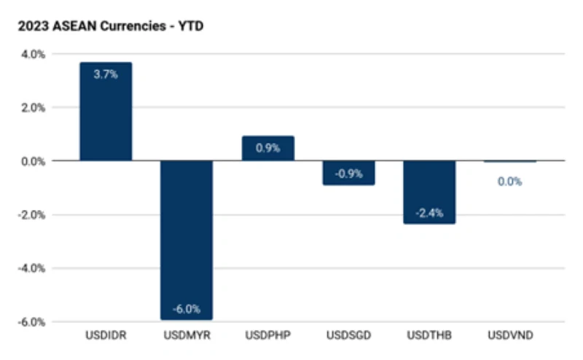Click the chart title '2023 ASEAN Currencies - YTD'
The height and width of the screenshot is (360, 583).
tap(111, 26)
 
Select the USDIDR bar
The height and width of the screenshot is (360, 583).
tap(106, 111)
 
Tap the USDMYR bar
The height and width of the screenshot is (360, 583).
tap(187, 240)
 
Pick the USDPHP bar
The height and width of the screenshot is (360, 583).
tap(268, 149)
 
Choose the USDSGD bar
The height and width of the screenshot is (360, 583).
tap(349, 173)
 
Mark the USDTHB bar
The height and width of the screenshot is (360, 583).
tap(429, 192)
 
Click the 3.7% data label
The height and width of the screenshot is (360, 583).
tap(106, 74)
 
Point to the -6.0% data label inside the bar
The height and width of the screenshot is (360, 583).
tap(187, 309)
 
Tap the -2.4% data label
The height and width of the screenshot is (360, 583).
tap(429, 213)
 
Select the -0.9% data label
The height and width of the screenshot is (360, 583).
tap(349, 173)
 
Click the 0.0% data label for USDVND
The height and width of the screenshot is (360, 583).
tap(509, 181)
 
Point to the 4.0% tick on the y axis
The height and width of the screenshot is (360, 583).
tap(34, 55)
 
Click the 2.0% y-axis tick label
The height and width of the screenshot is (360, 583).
tap(34, 108)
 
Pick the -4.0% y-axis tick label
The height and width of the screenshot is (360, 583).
tap(31, 268)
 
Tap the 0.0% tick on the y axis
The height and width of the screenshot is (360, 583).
tap(34, 161)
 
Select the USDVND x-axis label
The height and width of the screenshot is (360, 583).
tap(510, 335)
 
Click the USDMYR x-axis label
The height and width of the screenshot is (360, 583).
tap(187, 335)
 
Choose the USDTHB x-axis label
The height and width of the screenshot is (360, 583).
tap(429, 335)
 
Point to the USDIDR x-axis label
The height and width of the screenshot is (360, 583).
tap(106, 335)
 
